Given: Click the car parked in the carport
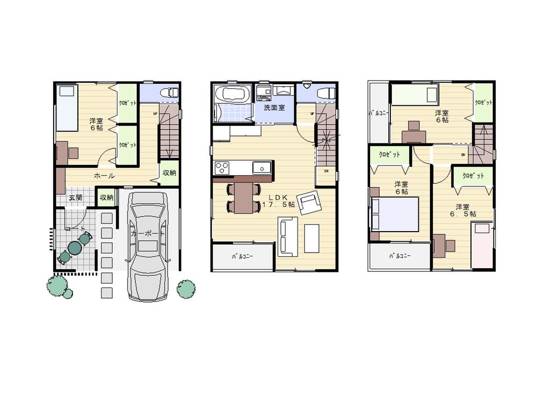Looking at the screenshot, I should click(x=148, y=244).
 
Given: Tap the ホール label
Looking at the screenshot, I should click(x=104, y=175).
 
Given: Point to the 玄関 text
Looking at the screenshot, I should click(x=76, y=198).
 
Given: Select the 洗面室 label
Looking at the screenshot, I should click(x=274, y=107).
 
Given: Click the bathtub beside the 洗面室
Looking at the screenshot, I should click(x=231, y=95).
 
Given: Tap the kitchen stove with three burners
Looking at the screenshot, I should click(x=222, y=168).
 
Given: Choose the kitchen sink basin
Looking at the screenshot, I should click(x=262, y=168).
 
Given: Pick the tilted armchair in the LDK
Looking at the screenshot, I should click(x=309, y=203).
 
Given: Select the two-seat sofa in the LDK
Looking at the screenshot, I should click(x=287, y=236).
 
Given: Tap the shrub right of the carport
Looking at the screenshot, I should click(x=186, y=289).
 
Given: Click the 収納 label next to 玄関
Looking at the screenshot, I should click(x=106, y=198).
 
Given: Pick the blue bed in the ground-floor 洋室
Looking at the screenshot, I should click(x=67, y=107).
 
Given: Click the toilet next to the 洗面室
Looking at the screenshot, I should click(x=325, y=93).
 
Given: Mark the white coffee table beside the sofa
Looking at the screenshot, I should click(x=311, y=238).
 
